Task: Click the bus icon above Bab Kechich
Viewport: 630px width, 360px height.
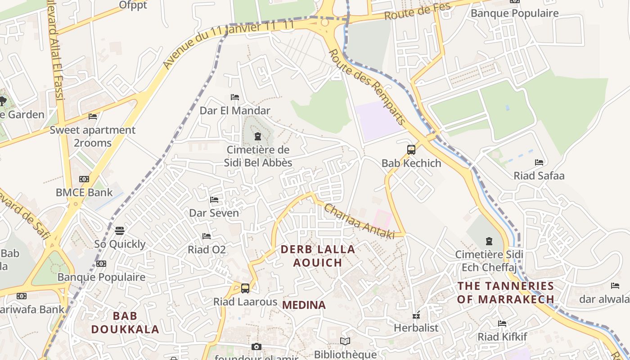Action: click(x=411, y=150)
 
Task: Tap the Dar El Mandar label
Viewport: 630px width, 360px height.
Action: click(x=235, y=110)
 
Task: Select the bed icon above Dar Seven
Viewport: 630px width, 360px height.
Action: click(x=214, y=200)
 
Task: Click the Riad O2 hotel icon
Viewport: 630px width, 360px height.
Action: click(x=207, y=236)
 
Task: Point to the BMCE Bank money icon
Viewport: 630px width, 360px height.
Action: click(x=84, y=179)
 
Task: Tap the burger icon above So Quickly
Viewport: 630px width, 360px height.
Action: click(x=120, y=231)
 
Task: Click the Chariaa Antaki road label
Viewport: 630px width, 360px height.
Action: click(x=359, y=221)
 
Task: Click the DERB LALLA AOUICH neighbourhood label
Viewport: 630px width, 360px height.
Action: click(x=318, y=256)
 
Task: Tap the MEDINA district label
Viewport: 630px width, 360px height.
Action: click(x=304, y=305)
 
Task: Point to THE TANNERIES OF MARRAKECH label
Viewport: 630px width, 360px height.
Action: click(x=505, y=292)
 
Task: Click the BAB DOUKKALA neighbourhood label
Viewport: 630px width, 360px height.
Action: click(x=125, y=323)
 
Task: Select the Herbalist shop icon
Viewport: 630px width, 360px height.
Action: click(x=416, y=315)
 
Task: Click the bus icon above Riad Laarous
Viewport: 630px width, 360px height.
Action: click(x=245, y=288)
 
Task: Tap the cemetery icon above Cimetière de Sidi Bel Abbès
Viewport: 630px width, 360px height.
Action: click(x=258, y=136)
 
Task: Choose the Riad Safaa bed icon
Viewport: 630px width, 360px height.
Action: click(x=539, y=162)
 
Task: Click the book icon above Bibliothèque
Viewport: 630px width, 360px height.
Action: click(x=345, y=342)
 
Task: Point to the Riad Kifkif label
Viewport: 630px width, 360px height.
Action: click(x=502, y=337)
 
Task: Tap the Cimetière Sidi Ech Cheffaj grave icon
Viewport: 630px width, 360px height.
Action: click(x=489, y=242)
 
